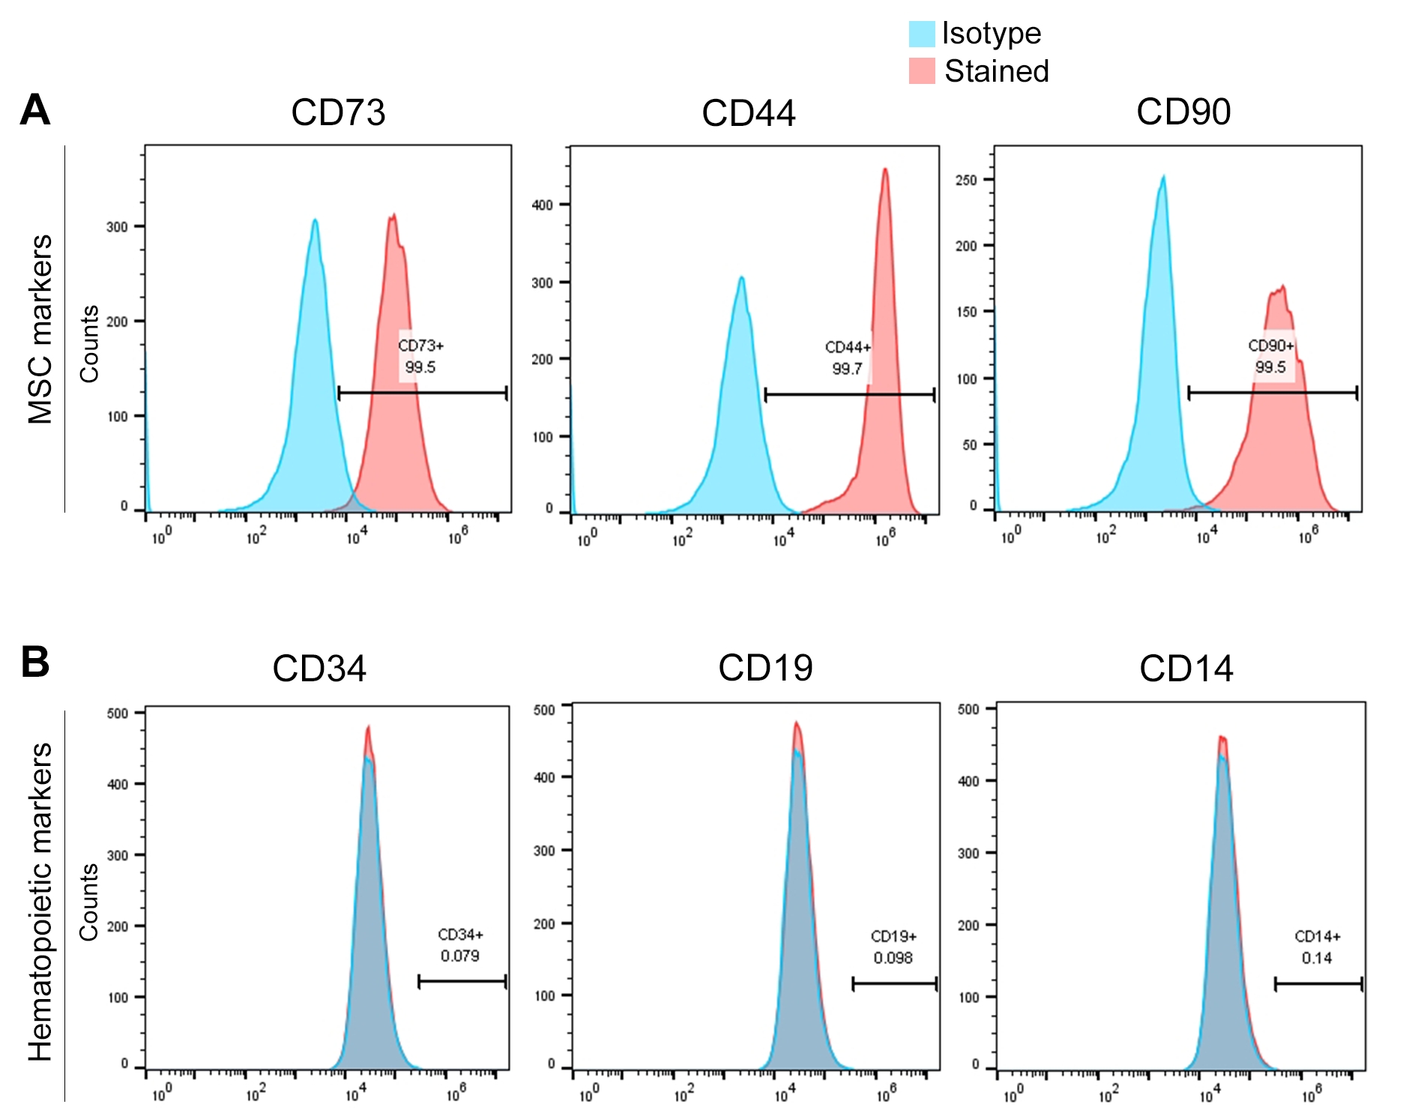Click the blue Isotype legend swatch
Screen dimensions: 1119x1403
(x=922, y=34)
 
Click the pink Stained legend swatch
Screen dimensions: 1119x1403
(x=922, y=71)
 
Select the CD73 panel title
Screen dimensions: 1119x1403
(x=338, y=113)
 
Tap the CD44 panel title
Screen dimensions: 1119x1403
(x=748, y=114)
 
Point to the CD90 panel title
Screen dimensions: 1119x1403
(x=1183, y=112)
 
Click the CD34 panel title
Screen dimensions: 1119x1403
(x=319, y=669)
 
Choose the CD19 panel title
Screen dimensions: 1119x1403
(x=765, y=668)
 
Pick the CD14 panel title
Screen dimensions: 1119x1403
(x=1186, y=669)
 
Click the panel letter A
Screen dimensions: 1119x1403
(x=34, y=111)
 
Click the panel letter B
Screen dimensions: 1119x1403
(x=35, y=663)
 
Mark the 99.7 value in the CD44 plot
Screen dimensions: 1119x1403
(x=847, y=369)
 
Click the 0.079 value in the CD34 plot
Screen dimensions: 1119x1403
(x=459, y=956)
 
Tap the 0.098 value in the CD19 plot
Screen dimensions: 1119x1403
(x=893, y=958)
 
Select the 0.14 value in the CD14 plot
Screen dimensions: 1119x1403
(x=1316, y=958)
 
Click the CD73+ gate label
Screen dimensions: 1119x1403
(x=420, y=346)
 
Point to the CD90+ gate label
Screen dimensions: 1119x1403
(x=1271, y=346)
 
